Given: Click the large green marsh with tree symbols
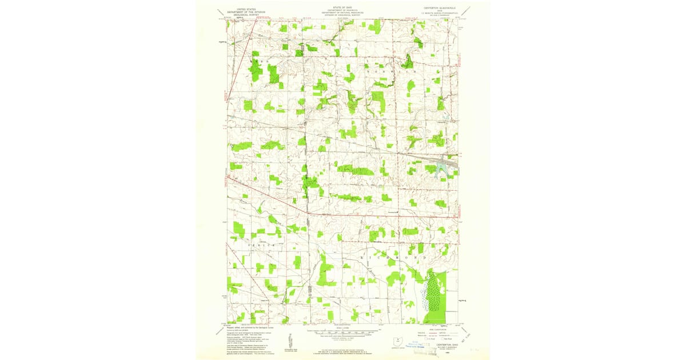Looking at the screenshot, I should tap(437, 294).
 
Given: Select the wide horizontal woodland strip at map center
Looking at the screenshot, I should tap(354, 170).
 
